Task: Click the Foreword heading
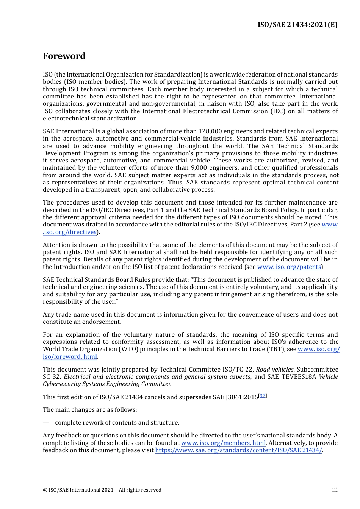pos(64,56)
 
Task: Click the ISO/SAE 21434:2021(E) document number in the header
pos(297,25)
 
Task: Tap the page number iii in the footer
pos(335,490)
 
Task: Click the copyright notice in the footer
pos(102,490)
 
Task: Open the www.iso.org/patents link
pos(289,267)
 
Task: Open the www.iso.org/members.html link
pos(223,443)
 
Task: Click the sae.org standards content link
pos(238,450)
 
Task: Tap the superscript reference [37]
pos(263,396)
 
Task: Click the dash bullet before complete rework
pos(46,423)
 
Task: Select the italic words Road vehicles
pos(274,370)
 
